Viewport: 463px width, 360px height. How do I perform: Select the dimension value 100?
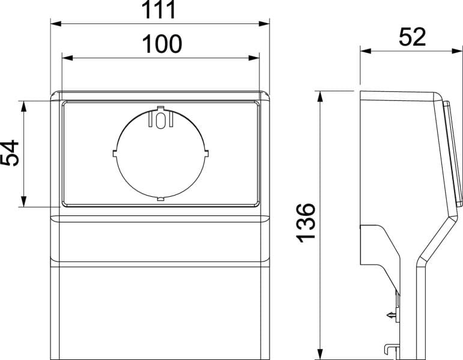coord(162,44)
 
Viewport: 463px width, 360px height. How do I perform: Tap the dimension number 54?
coord(10,153)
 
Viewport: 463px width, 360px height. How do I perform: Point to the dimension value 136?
coord(306,223)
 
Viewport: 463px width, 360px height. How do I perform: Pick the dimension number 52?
coord(412,37)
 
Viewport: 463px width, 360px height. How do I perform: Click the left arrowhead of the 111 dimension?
coord(56,23)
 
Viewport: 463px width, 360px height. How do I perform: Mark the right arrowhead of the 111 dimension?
coord(264,23)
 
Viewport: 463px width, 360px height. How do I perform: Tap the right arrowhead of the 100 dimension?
coord(254,58)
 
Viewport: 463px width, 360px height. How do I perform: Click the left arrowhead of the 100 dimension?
coord(67,58)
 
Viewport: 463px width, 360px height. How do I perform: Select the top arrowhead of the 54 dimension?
coord(24,106)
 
